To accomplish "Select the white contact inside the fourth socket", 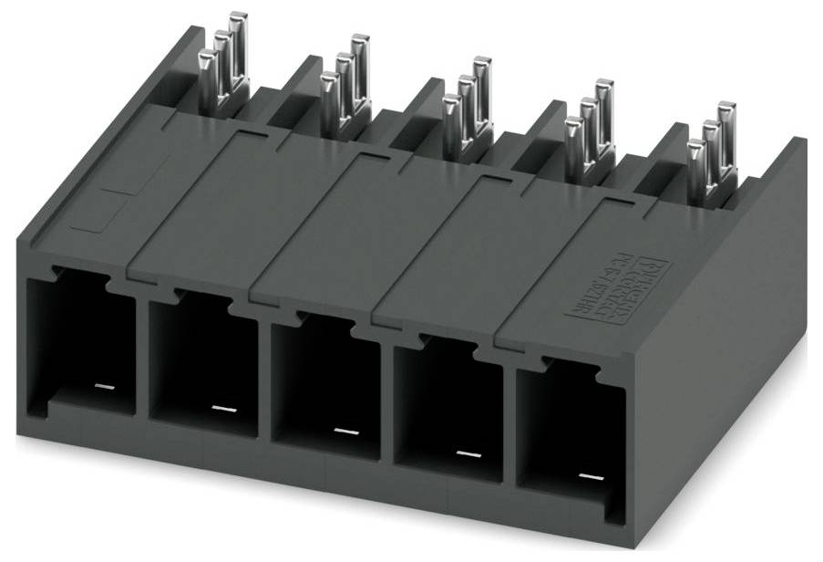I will (467, 453).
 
